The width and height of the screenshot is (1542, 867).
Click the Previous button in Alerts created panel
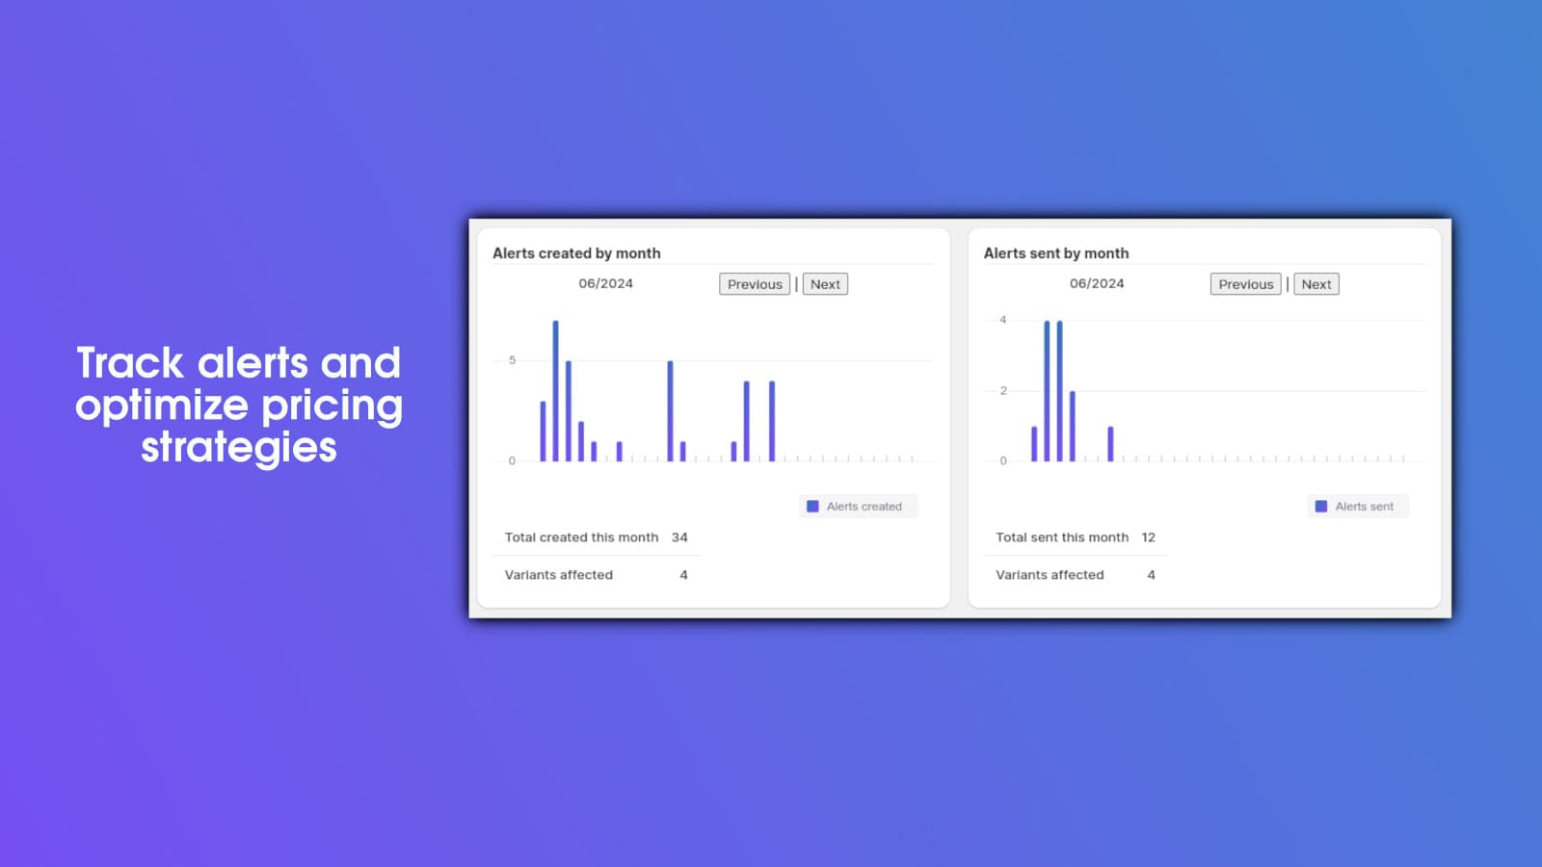click(755, 284)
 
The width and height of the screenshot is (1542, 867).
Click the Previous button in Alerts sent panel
click(1245, 284)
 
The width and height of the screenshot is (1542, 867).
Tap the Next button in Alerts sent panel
click(1316, 284)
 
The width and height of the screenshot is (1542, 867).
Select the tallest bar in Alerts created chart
click(555, 391)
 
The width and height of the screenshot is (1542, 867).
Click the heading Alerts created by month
click(577, 253)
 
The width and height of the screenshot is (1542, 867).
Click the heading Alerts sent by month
click(1056, 253)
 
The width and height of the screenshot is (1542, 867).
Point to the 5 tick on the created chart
click(512, 360)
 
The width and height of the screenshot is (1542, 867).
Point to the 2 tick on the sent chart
click(1003, 391)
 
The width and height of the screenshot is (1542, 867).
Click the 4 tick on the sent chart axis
click(1003, 320)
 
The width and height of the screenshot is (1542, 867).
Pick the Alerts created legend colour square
click(813, 507)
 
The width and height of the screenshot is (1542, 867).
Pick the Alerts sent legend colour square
click(1321, 507)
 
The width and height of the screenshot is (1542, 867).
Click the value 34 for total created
click(679, 538)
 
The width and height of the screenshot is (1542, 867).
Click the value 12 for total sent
click(1148, 538)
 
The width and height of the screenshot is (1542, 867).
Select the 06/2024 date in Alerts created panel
click(606, 283)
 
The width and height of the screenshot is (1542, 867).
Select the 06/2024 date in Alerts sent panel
click(1097, 283)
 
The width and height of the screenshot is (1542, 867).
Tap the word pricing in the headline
click(332, 406)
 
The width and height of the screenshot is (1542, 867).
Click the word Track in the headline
click(130, 362)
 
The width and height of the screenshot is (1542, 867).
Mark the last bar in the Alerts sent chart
click(1110, 444)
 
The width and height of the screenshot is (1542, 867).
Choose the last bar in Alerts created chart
click(772, 421)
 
